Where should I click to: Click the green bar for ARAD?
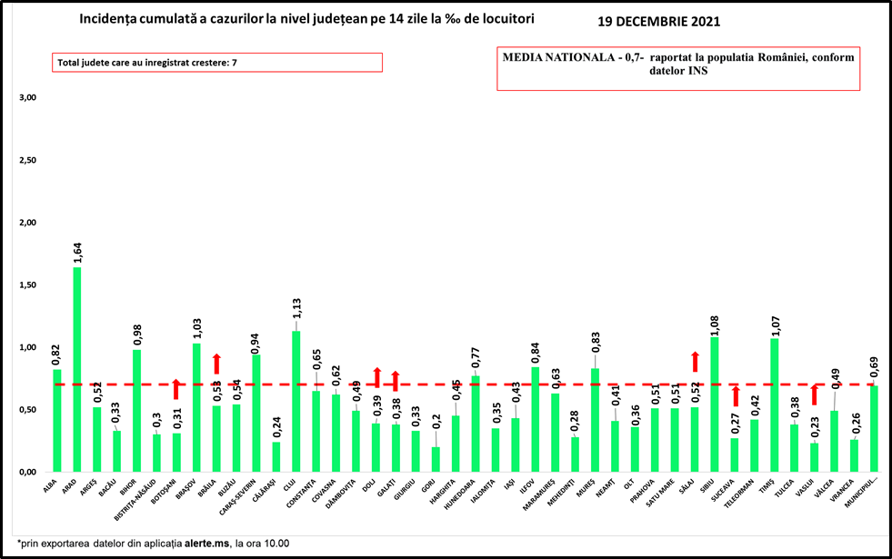77,369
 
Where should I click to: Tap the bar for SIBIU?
715,404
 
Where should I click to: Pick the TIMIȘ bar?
775,404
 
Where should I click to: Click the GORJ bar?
436,459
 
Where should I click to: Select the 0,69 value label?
875,369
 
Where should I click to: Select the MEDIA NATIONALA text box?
677,68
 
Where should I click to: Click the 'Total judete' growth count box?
216,63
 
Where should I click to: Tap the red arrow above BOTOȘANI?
176,389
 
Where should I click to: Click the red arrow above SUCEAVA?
735,396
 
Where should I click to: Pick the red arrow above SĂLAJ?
695,361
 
